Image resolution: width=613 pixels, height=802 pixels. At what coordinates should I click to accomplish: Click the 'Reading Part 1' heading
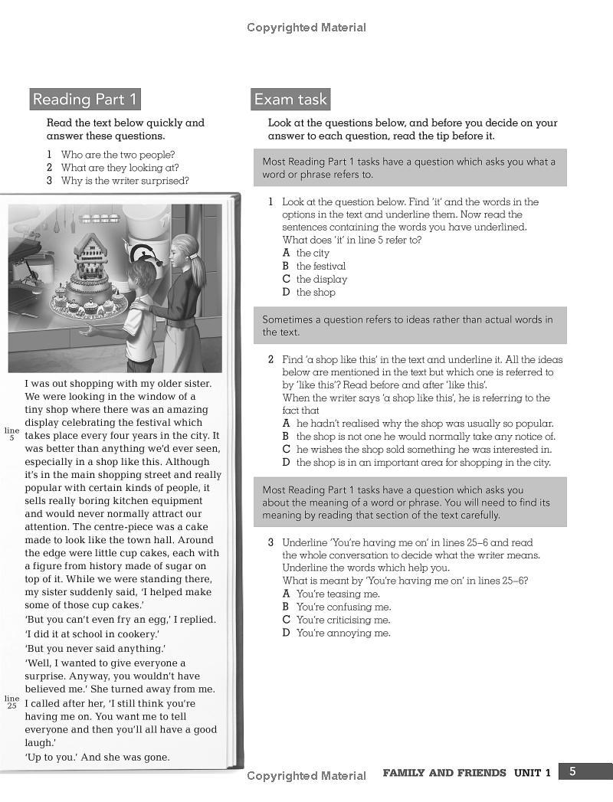tap(85, 100)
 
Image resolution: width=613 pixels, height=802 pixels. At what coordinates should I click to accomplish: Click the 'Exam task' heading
tap(290, 100)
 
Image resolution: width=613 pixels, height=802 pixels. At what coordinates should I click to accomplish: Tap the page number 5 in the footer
tap(572, 771)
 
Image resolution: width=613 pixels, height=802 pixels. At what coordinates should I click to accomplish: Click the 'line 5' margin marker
tap(11, 434)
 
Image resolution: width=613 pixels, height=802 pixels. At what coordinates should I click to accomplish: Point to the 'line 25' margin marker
tap(11, 702)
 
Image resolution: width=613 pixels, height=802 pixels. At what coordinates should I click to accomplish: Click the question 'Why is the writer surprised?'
tap(125, 181)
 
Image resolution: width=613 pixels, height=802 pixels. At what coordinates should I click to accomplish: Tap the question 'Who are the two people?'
tap(118, 155)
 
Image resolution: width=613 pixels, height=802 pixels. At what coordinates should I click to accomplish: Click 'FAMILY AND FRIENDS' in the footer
tap(444, 773)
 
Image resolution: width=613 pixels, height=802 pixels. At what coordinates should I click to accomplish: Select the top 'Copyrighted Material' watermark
tap(306, 28)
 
